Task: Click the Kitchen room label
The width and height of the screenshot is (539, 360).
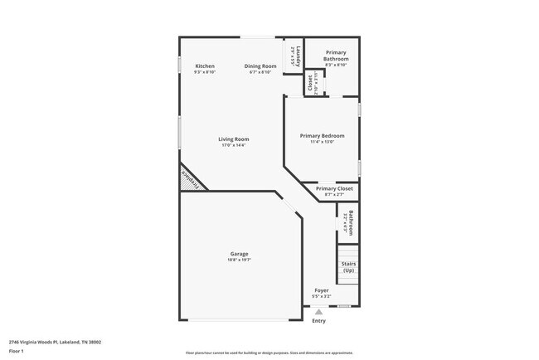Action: tap(205, 66)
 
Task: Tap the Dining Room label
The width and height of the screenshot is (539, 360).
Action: tap(260, 66)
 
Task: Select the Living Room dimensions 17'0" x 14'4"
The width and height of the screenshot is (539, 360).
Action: tap(233, 145)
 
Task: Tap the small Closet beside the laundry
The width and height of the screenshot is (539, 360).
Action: tap(309, 83)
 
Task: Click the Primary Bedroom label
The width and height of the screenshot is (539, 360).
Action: tap(322, 135)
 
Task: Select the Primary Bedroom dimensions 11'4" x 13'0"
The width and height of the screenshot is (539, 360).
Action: tap(322, 142)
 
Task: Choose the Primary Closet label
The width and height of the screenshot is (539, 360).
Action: tap(334, 188)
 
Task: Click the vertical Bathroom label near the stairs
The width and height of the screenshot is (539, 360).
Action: tap(351, 222)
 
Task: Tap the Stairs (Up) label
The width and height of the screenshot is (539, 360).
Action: tap(348, 266)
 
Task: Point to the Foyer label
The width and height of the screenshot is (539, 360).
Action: tap(321, 290)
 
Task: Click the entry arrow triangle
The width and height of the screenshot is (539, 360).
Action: tap(318, 311)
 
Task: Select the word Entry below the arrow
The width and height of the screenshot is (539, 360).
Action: tap(318, 320)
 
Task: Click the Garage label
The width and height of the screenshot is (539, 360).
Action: tap(239, 254)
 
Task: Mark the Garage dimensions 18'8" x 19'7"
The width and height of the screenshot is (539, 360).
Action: tap(239, 260)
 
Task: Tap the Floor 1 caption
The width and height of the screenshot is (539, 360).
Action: tap(17, 349)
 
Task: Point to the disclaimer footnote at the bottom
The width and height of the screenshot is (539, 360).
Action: tap(269, 353)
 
